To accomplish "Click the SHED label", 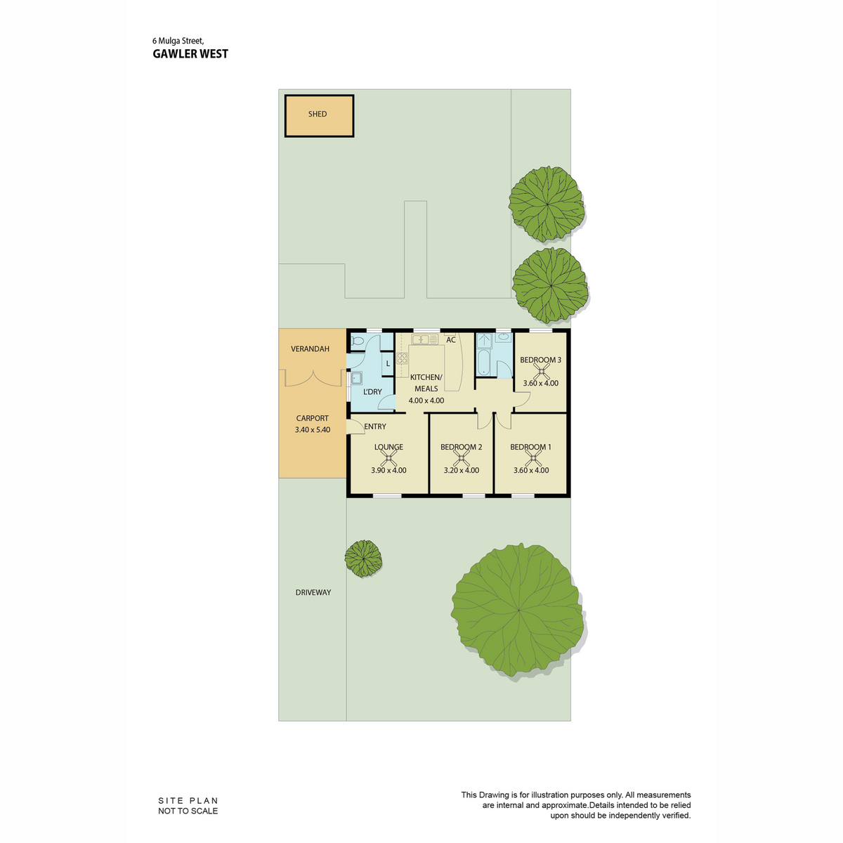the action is click(x=317, y=114).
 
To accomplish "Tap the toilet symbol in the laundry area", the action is click(x=357, y=341).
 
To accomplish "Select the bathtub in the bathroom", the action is click(x=484, y=362).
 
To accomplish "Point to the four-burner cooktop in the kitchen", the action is click(x=402, y=358).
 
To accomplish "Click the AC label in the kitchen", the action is click(x=450, y=340).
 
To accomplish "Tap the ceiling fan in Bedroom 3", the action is click(x=542, y=372).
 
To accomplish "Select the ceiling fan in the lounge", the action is click(x=388, y=458).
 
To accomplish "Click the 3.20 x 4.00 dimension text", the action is click(x=461, y=470).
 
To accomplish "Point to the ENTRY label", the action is click(x=375, y=426).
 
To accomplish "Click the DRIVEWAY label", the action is click(x=313, y=592).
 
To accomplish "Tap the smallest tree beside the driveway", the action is click(x=362, y=558).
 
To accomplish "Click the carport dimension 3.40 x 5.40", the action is click(x=313, y=430).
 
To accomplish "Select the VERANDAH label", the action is click(x=311, y=348).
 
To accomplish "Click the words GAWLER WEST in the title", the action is click(x=190, y=54).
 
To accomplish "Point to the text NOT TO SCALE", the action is click(x=188, y=811).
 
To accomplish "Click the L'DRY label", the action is click(x=372, y=391).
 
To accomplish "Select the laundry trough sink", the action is click(x=357, y=379).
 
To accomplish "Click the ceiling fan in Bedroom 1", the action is click(x=532, y=459).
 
